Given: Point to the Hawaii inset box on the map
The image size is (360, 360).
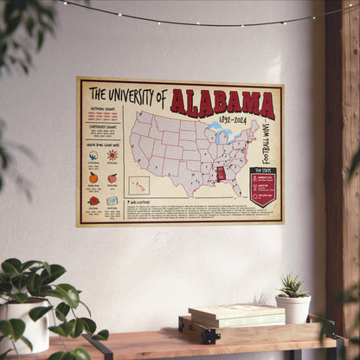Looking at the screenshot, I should click(138, 185).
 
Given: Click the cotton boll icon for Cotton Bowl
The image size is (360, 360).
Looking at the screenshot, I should click(93, 156).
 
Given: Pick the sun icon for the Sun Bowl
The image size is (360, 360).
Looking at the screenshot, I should click(112, 156).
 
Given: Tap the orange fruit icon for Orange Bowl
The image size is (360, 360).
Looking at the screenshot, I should click(93, 177).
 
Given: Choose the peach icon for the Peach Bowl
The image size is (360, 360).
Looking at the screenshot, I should click(112, 178).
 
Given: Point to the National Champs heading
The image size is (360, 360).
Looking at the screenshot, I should click(102, 109).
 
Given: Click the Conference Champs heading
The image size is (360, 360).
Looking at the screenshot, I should click(102, 125).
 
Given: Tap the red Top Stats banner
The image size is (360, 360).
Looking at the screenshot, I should click(263, 185).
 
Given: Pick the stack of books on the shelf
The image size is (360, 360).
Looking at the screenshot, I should click(224, 316).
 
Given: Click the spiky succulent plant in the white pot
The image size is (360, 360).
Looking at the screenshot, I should click(293, 286).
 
